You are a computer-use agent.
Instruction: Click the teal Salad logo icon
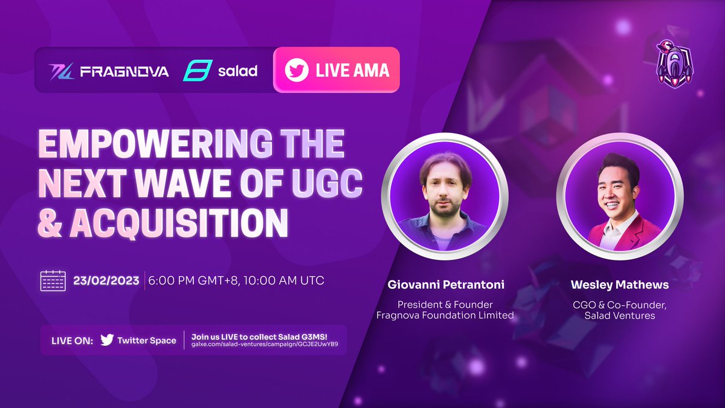(x=196, y=71)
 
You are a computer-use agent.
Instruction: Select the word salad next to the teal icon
(x=237, y=71)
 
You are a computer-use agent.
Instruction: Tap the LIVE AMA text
(x=352, y=70)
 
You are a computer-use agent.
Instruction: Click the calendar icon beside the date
(x=53, y=281)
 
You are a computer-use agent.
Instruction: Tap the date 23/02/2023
(x=106, y=281)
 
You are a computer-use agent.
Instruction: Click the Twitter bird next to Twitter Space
(x=107, y=340)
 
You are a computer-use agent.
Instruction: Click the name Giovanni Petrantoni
(x=446, y=283)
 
